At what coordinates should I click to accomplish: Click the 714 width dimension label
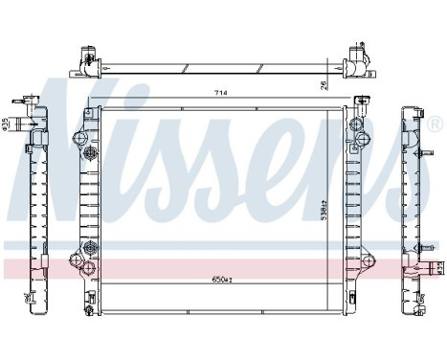click(x=220, y=93)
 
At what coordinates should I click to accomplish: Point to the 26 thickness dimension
click(x=324, y=83)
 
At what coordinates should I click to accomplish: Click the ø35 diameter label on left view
click(x=6, y=124)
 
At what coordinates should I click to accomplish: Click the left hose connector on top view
click(x=86, y=59)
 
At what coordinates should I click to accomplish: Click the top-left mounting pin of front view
click(x=89, y=106)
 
